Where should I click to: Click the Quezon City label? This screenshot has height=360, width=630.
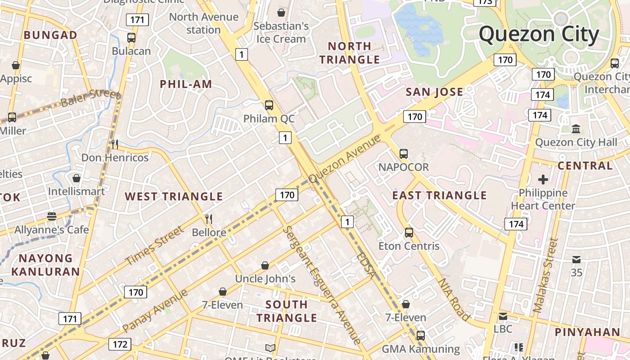(539, 35)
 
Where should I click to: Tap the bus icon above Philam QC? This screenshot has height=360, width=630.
(269, 105)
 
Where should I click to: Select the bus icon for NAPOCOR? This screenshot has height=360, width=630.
(404, 154)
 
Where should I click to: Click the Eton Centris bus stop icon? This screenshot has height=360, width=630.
(409, 233)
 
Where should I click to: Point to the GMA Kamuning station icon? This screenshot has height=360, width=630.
(420, 335)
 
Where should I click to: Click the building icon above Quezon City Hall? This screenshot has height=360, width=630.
(576, 129)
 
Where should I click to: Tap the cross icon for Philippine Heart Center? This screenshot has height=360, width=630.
(543, 180)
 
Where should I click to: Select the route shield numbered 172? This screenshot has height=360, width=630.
(120, 345)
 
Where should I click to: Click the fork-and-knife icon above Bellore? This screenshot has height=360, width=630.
(209, 219)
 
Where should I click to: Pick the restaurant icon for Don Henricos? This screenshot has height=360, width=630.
(115, 144)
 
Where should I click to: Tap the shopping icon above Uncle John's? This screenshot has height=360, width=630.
(265, 265)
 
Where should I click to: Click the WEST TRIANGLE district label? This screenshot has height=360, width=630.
(174, 197)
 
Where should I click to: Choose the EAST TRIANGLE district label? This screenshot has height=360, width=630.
(439, 195)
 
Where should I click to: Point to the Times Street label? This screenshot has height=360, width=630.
(154, 246)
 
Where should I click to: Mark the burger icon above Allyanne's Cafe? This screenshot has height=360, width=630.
(52, 216)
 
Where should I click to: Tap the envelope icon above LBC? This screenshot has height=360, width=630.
(503, 316)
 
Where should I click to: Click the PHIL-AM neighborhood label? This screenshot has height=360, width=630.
(186, 84)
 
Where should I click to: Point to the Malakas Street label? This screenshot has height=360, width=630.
(545, 275)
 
